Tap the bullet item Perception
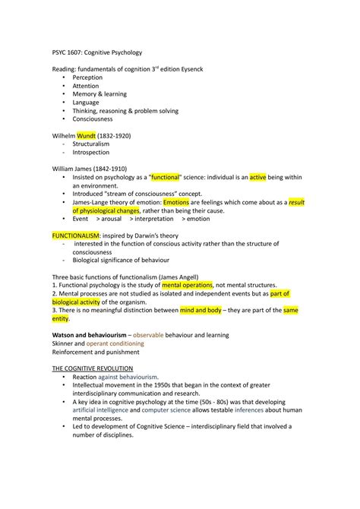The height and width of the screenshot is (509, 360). pyautogui.click(x=89, y=78)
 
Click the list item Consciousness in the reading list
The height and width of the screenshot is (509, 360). pyautogui.click(x=93, y=119)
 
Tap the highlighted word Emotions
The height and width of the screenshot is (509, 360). pyautogui.click(x=176, y=203)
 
